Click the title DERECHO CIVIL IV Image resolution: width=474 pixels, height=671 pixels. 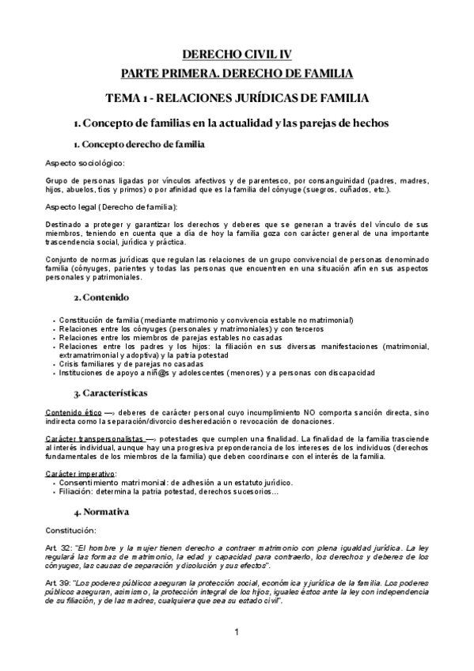pos(237,55)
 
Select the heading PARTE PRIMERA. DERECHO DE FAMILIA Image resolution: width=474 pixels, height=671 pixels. pos(237,74)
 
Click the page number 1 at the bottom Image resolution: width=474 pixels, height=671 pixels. pos(237,633)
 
